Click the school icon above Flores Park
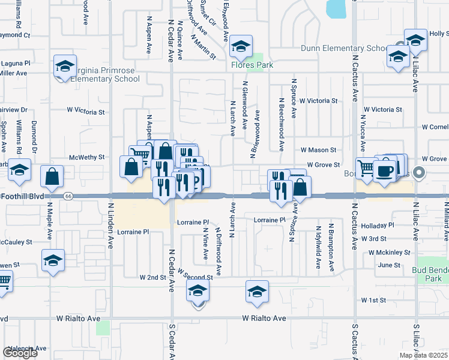(x=240, y=46)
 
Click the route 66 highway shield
(x=68, y=196)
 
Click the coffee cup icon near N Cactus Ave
(x=384, y=170)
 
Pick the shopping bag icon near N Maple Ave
(x=52, y=176)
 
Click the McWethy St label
(x=87, y=157)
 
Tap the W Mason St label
(x=318, y=149)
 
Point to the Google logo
(x=20, y=352)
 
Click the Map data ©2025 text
(x=423, y=355)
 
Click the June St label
(x=389, y=265)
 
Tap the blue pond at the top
(x=336, y=8)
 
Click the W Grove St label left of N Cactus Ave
(x=324, y=164)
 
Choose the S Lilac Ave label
(x=415, y=342)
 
